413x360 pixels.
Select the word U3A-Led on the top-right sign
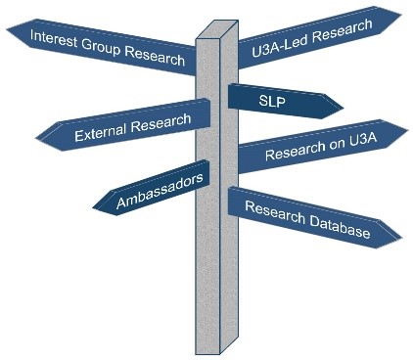pos(275,40)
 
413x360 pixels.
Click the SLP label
pos(272,100)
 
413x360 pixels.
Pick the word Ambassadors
pos(159,188)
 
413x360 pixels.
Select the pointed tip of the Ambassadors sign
pos(94,206)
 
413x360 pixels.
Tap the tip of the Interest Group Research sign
pos(8,33)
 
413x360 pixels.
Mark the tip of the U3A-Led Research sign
pos(400,15)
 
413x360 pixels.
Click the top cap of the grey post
pos(218,27)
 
